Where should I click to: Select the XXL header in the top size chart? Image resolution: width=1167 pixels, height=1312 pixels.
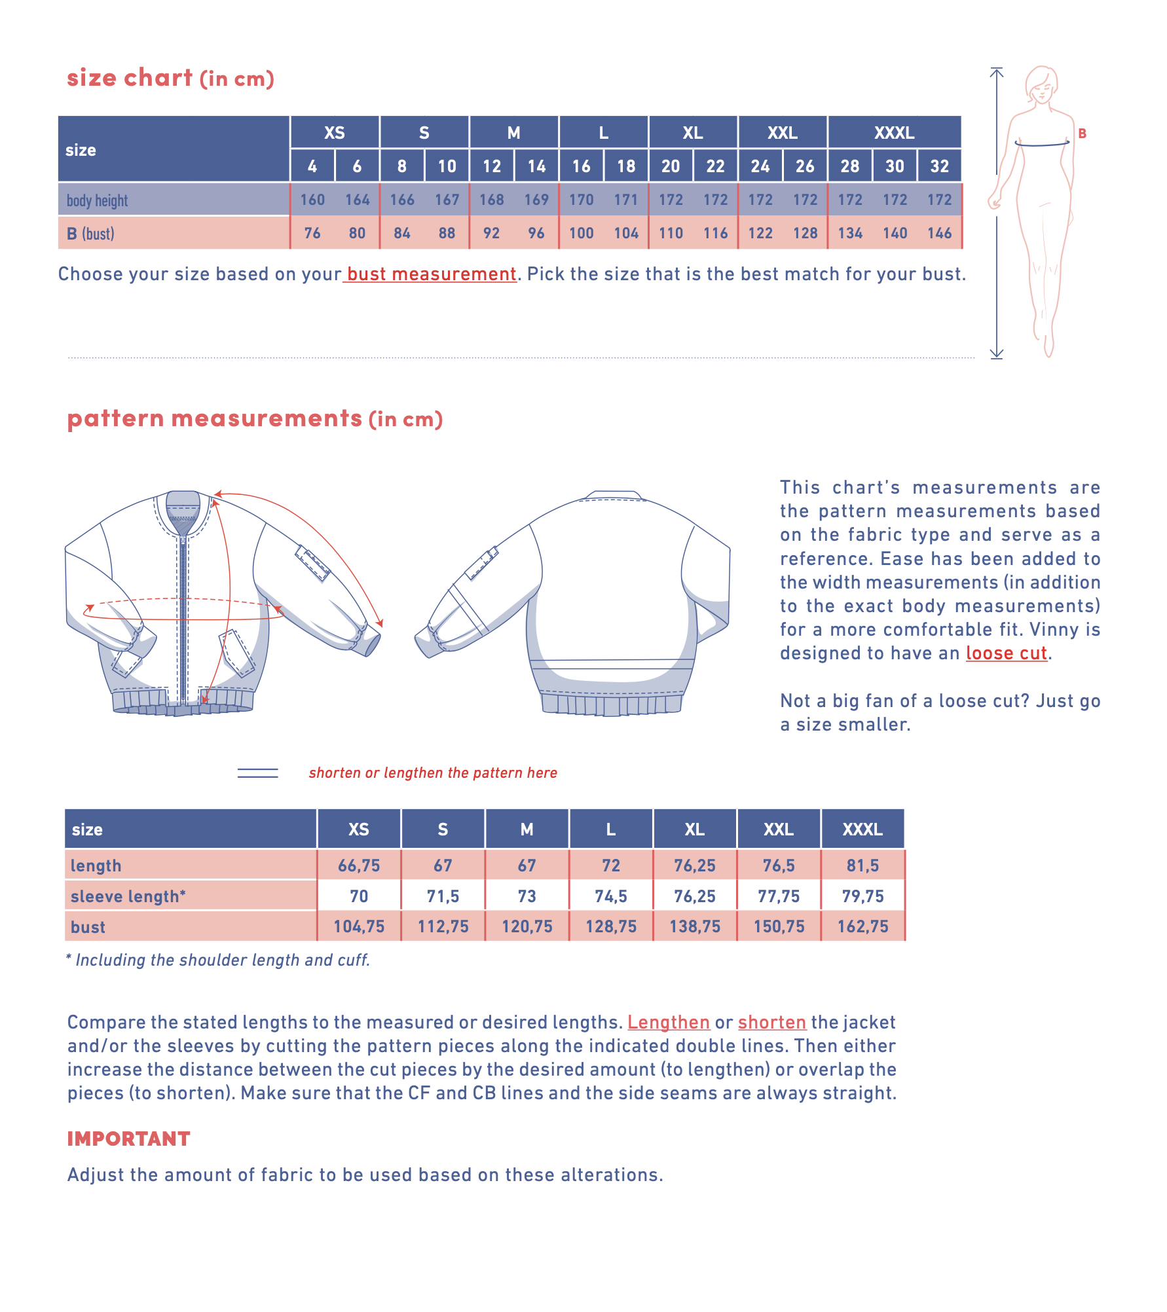pos(782,133)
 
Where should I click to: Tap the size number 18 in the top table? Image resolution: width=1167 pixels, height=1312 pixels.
pos(625,166)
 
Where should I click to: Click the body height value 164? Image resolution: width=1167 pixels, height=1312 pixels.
pos(357,200)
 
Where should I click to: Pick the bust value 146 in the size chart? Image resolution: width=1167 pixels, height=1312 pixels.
pos(939,233)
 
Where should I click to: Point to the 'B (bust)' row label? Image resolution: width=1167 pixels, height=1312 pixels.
pos(90,234)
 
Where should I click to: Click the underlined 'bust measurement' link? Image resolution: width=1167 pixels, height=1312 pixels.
pos(431,274)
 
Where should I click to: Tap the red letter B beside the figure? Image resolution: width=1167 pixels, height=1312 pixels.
pos(1082,134)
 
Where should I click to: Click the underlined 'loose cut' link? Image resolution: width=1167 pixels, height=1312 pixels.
pos(1006,653)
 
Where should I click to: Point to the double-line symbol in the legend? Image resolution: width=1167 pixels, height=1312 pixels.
pos(257,773)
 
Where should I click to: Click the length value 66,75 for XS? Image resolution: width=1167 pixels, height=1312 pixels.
pos(358,866)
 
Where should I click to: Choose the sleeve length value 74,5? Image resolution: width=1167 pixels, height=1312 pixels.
pos(610,896)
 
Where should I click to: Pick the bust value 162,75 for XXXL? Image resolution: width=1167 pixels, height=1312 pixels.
pos(862,926)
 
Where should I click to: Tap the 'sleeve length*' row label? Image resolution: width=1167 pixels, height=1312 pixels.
pos(128,896)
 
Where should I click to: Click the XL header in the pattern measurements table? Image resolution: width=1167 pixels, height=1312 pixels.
pos(694,829)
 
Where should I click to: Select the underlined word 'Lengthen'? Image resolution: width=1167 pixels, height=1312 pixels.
pos(668,1022)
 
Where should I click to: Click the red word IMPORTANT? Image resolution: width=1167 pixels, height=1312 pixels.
pos(128,1139)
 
